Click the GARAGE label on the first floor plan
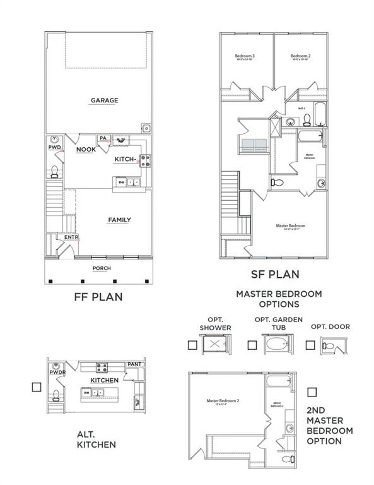[x=104, y=100]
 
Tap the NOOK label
[x=85, y=150]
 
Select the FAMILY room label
[x=119, y=220]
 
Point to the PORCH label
[x=102, y=268]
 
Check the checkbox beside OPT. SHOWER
[x=192, y=345]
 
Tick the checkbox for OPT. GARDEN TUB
[x=252, y=345]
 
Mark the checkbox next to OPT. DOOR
[x=310, y=345]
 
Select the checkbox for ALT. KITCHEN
[x=37, y=387]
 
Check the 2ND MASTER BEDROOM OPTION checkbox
[x=310, y=392]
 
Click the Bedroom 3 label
[x=245, y=57]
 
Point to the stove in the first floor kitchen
[x=144, y=161]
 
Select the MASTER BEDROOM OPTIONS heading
[x=279, y=299]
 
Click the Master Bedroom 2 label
[x=224, y=400]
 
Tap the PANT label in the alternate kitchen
[x=134, y=364]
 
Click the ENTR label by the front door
[x=71, y=237]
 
